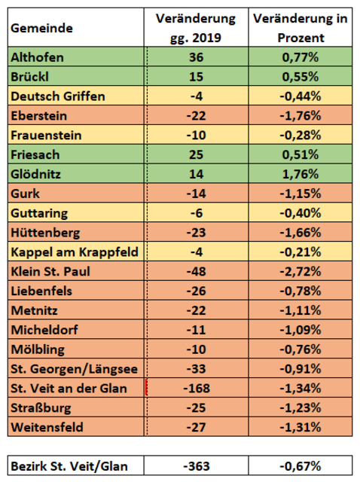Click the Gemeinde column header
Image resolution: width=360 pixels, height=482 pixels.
tap(42, 29)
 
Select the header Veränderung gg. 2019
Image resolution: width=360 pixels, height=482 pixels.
tap(196, 28)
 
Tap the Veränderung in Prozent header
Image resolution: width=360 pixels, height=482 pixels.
tap(301, 28)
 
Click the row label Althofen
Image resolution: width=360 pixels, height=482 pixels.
tap(37, 57)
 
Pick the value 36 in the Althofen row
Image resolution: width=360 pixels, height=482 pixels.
tap(196, 57)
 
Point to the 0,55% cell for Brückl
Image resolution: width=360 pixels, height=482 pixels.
tap(301, 77)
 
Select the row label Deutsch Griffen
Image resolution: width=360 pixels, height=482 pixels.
tap(58, 96)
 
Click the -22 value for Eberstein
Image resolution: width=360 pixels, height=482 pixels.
tap(196, 115)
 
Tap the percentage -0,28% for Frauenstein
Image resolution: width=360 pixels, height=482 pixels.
tap(301, 136)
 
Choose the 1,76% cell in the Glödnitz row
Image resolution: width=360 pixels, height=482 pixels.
tap(301, 174)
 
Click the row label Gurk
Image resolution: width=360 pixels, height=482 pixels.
tap(25, 194)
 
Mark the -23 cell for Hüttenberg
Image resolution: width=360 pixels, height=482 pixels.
tap(196, 233)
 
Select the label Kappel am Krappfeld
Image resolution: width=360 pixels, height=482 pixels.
tap(75, 252)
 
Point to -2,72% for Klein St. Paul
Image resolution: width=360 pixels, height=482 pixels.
tap(301, 271)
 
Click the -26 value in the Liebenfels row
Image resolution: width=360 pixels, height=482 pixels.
tap(196, 291)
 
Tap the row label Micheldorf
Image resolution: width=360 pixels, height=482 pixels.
tap(44, 330)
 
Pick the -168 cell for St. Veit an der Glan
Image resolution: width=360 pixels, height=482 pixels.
tap(197, 389)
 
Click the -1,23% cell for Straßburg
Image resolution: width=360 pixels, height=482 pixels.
tap(301, 407)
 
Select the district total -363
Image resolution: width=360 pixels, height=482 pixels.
tap(197, 466)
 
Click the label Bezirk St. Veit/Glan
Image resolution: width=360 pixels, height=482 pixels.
tap(69, 466)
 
